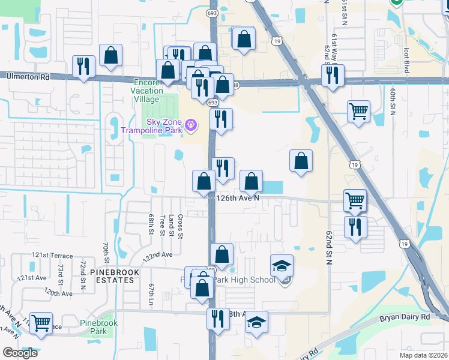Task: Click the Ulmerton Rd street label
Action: [x=28, y=77]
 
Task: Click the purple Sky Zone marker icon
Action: [x=191, y=125]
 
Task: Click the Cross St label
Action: [x=180, y=225]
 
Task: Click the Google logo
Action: [x=20, y=353]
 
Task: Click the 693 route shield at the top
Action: [x=211, y=12]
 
